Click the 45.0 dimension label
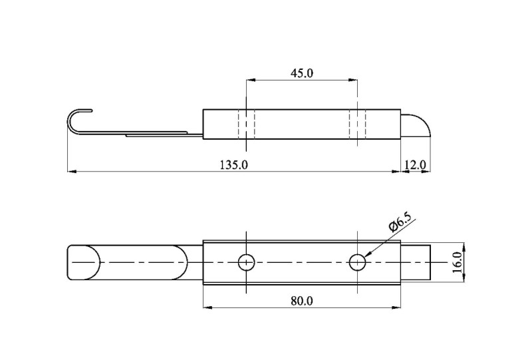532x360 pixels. point(302,73)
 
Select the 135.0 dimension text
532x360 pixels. point(234,165)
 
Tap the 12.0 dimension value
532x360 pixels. point(415,165)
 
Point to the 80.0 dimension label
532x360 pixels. point(302,301)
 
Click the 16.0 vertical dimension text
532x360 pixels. point(458,262)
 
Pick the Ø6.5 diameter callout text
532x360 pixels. point(402,222)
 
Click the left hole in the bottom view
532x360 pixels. point(246,263)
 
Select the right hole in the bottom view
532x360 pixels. point(357,263)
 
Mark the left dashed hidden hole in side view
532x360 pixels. point(246,124)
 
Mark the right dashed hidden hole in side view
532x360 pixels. point(357,124)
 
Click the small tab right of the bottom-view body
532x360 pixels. point(416,262)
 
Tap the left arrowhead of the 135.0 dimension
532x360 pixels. point(72,172)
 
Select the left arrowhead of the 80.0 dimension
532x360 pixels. point(207,307)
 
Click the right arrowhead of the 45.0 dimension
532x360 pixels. point(353,80)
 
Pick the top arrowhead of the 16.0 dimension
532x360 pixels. point(464,248)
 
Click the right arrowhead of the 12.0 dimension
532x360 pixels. point(426,172)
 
